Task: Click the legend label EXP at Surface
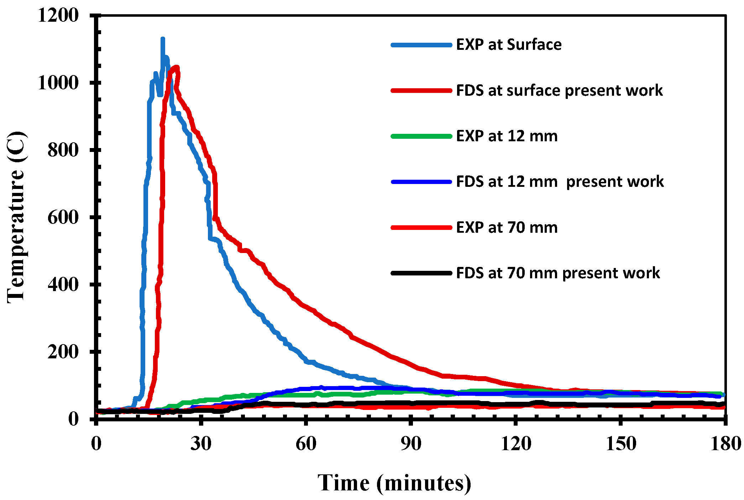[508, 45]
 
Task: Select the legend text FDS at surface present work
[559, 90]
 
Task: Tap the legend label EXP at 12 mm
[506, 136]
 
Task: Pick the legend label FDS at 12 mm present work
[560, 182]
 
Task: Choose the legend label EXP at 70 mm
[506, 227]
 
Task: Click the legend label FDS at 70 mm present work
[557, 273]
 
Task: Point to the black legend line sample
[421, 273]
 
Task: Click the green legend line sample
[421, 136]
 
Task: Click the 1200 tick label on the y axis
[58, 16]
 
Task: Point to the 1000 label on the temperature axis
[58, 83]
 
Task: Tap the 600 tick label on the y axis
[63, 217]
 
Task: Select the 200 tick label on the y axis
[63, 352]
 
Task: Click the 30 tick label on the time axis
[201, 444]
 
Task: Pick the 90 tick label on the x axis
[411, 444]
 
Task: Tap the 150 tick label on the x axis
[620, 444]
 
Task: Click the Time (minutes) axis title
[394, 483]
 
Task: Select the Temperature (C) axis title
[16, 217]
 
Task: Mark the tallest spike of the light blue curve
[163, 39]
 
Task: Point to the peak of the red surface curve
[176, 67]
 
